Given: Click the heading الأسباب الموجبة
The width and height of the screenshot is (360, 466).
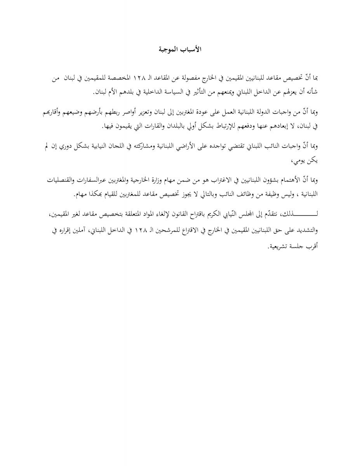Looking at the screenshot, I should click(x=180, y=49).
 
